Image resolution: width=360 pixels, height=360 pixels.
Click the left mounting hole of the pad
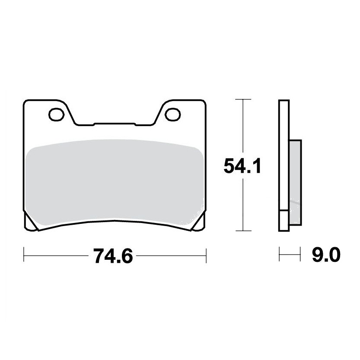pyautogui.click(x=56, y=115)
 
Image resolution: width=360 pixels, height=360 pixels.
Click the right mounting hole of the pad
pyautogui.click(x=173, y=115)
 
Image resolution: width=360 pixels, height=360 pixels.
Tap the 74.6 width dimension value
pyautogui.click(x=113, y=256)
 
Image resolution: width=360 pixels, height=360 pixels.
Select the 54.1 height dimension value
pyautogui.click(x=242, y=166)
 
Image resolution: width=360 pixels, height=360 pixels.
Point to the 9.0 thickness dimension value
pyautogui.click(x=326, y=255)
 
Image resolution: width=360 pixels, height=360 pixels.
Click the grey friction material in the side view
pyautogui.click(x=295, y=182)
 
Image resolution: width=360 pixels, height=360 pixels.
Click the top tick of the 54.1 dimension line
pyautogui.click(x=243, y=99)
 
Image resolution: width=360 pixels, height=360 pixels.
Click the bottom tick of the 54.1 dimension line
pyautogui.click(x=243, y=231)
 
